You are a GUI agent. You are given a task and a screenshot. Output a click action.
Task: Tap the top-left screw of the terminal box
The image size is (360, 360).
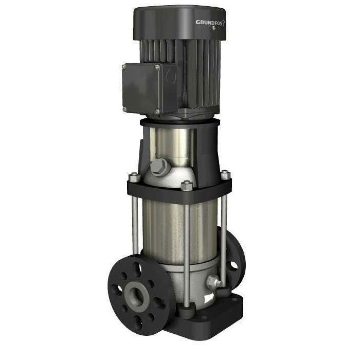(x=124, y=66)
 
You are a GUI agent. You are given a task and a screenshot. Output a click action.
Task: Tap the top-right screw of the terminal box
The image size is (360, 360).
(x=156, y=67)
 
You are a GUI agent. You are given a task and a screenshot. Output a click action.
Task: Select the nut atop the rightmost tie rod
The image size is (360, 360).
(x=226, y=175)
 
